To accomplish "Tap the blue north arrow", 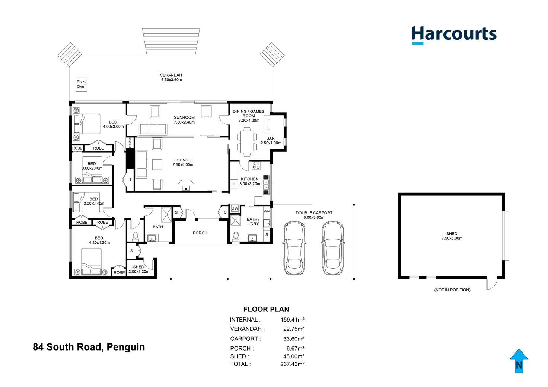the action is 519,361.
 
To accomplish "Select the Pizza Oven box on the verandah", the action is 81,84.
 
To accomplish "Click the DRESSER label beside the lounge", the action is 130,143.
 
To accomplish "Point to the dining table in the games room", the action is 247,141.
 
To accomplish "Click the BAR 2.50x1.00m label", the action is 271,141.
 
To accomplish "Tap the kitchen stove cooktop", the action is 256,166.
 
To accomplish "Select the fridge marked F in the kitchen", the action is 234,184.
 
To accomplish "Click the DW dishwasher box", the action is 235,208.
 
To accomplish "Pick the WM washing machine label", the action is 267,211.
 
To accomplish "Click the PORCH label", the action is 200,233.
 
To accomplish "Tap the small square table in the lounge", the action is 157,164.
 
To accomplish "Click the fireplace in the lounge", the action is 186,185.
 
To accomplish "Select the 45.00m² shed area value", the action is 294,356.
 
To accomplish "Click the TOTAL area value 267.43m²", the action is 292,364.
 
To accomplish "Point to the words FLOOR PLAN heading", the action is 266,309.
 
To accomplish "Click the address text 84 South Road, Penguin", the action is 89,347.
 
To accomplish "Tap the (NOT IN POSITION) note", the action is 452,290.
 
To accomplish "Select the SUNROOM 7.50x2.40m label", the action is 184,120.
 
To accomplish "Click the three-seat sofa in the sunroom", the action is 153,129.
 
